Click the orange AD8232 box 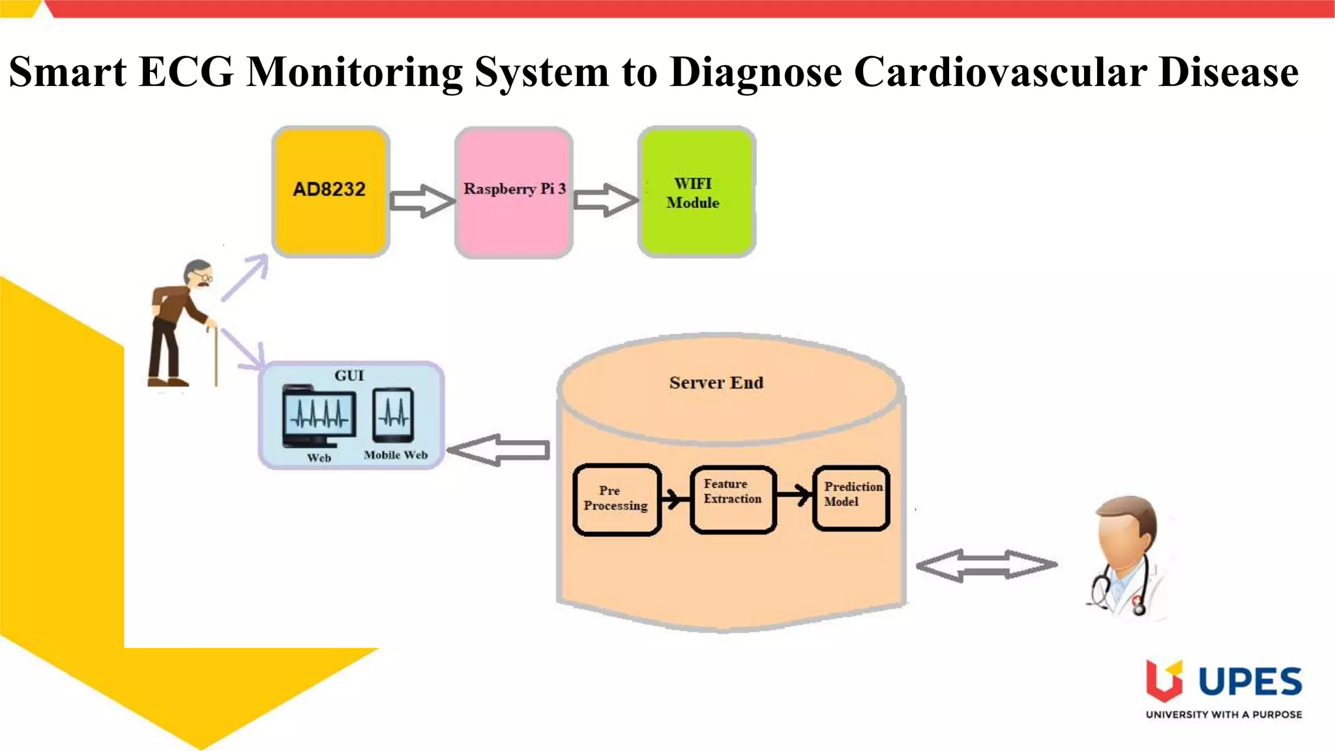[330, 192]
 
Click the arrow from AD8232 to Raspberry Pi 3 [422, 201]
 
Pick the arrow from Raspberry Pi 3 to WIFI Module [606, 200]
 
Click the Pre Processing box [616, 499]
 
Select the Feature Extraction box [733, 499]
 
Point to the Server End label [716, 383]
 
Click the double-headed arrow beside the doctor [986, 565]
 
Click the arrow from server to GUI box [499, 450]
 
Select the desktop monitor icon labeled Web [319, 418]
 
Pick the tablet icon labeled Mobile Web [394, 415]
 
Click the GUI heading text [349, 375]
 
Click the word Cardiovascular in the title [1000, 72]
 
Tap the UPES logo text [1250, 682]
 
